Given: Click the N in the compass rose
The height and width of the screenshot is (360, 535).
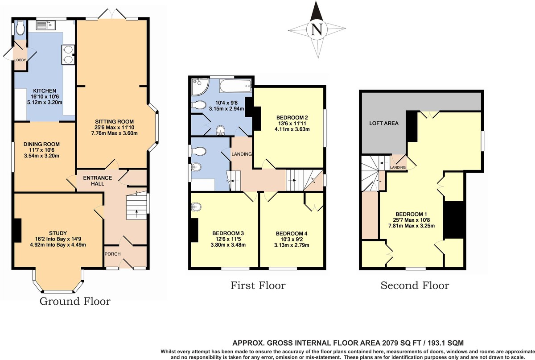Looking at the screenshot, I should [317, 29].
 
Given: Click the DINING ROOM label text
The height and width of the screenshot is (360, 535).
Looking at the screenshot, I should [41, 144].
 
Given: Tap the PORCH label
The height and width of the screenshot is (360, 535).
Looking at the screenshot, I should [110, 254].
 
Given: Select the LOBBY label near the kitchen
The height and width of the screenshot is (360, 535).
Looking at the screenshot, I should [21, 60].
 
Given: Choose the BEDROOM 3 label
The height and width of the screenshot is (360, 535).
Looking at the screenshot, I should [228, 233].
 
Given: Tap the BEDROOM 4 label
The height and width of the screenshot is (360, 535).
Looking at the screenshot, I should [292, 233].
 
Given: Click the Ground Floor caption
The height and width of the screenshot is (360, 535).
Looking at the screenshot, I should [75, 302].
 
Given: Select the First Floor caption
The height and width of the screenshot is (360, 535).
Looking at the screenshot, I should [258, 286].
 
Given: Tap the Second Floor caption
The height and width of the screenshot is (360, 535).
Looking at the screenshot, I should [415, 286].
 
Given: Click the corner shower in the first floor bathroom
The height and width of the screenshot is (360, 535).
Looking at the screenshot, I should [198, 87].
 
